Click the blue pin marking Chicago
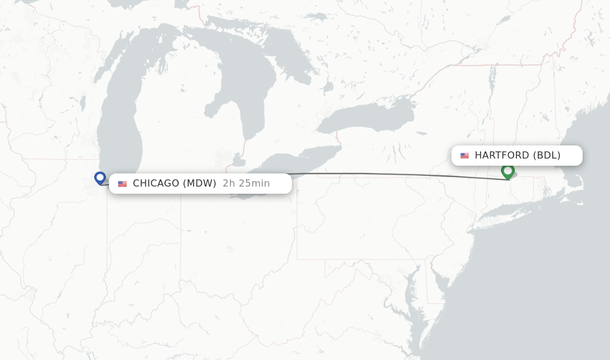100,178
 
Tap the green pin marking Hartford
508,171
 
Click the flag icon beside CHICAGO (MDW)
123,184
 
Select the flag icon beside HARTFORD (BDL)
465,156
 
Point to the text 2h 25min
246,184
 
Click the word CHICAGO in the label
156,184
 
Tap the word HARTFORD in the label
502,156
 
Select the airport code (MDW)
200,184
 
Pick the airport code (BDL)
546,156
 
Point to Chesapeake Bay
411,292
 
